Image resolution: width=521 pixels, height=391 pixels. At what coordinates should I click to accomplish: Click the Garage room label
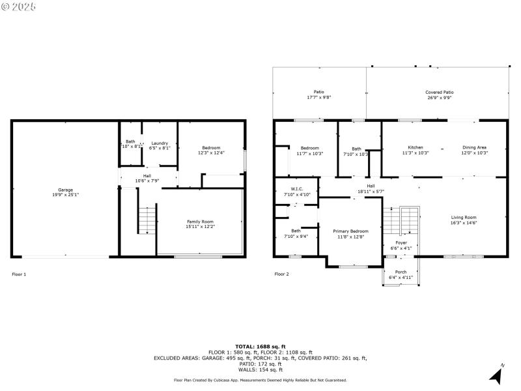coord(65,190)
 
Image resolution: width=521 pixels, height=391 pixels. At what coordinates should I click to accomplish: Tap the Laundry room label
coord(160,143)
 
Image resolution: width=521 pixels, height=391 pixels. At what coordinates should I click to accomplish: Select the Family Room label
coord(200,222)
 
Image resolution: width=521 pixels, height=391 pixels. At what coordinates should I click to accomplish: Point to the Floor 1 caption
coord(20,274)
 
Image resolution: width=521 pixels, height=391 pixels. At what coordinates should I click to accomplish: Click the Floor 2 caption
coord(281,274)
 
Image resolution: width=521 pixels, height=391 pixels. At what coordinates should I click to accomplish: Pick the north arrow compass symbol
coord(496,375)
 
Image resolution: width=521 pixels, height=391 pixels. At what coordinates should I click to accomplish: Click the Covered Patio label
coord(440,93)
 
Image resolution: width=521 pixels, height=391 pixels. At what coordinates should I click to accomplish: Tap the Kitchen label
coord(415,147)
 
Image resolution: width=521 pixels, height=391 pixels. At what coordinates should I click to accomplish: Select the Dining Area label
coord(474,147)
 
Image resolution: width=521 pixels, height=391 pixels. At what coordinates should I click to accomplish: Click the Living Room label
coord(464,217)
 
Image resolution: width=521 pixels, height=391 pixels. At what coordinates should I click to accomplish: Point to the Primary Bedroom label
coord(350,231)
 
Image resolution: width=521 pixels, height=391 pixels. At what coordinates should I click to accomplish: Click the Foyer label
coord(401,243)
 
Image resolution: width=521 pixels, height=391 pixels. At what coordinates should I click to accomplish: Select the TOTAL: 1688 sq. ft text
coord(260,347)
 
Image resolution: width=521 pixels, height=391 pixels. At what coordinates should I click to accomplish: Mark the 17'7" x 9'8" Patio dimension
coord(319,98)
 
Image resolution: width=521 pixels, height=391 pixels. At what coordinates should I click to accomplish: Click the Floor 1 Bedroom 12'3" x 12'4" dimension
coord(211,153)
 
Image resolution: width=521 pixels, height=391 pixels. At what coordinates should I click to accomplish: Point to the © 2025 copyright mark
coord(19,6)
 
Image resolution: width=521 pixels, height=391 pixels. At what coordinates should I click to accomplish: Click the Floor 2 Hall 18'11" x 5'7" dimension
coord(371,192)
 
